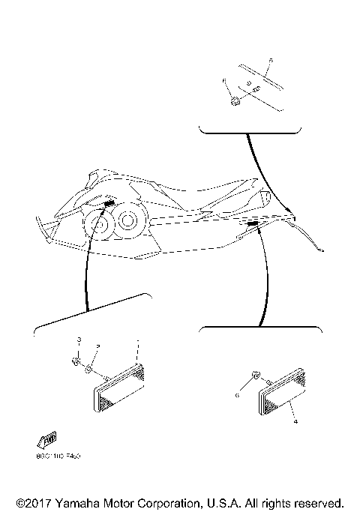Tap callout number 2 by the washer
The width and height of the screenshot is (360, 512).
(x=97, y=345)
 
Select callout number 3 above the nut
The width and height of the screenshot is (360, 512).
(x=77, y=342)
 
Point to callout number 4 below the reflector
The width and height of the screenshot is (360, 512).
(x=295, y=422)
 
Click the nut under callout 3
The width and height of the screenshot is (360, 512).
(x=76, y=362)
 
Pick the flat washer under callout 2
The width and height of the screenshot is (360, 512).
(x=89, y=368)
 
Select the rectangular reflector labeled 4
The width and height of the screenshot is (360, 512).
(x=283, y=394)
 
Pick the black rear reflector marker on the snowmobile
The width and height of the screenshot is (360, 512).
(x=253, y=223)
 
